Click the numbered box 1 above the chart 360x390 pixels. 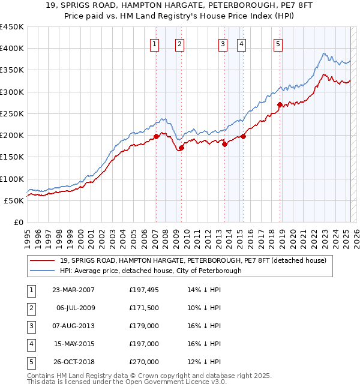click(155, 43)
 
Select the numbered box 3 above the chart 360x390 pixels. click(223, 43)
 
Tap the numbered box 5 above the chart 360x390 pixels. click(278, 43)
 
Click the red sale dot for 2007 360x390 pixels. click(156, 136)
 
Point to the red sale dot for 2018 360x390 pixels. click(280, 105)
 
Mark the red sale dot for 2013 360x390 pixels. click(224, 144)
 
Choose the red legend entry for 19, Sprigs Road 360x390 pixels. click(193, 260)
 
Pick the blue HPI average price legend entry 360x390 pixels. click(150, 271)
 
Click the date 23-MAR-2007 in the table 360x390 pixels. click(73, 290)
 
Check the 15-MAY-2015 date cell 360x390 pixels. click(73, 344)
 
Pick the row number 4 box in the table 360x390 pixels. click(29, 344)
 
